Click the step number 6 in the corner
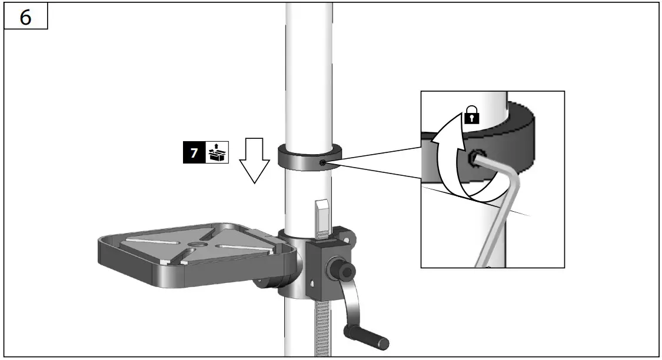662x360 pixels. [x=25, y=17]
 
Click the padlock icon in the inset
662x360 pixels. [x=471, y=116]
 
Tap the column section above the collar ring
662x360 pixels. [x=308, y=71]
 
